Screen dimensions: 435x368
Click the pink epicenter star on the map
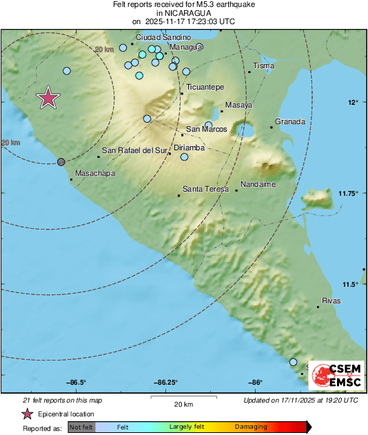tap(48, 98)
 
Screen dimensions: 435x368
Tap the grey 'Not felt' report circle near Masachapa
tap(61, 161)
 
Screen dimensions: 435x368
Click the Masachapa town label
tap(95, 173)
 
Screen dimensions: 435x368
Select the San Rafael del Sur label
tap(134, 150)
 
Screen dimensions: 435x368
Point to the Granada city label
tap(289, 122)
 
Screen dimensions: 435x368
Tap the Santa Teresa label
tap(206, 189)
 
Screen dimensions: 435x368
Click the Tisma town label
tap(264, 66)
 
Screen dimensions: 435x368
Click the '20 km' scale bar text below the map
tap(183, 404)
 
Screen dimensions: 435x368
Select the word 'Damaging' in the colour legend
tap(251, 427)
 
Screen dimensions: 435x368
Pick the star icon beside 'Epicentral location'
tap(28, 414)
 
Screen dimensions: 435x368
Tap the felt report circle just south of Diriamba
tap(185, 157)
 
